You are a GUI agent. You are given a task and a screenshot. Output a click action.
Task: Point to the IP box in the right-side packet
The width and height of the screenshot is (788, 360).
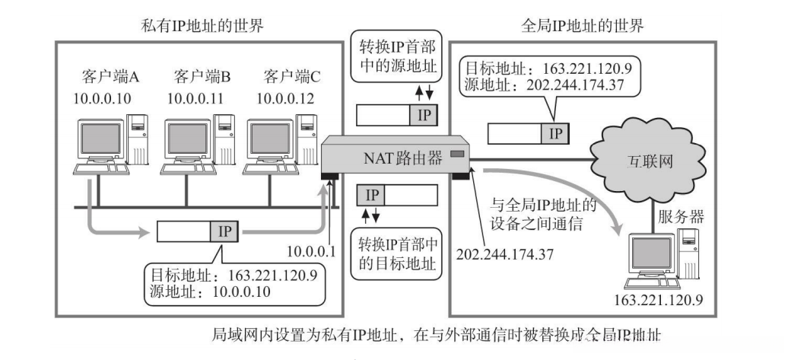tap(554, 134)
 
